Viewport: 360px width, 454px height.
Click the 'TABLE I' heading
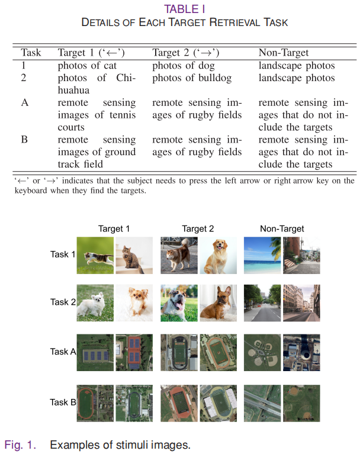point(185,9)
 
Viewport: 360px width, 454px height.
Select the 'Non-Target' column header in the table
point(284,53)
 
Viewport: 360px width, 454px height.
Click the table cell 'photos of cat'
point(87,66)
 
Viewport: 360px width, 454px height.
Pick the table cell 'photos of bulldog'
point(192,78)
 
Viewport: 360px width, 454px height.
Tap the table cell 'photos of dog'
point(184,66)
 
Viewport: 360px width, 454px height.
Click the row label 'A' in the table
point(25,103)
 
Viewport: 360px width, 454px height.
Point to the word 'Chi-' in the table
point(126,78)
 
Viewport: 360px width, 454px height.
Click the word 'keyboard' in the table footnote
point(31,191)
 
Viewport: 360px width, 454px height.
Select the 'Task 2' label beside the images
point(63,302)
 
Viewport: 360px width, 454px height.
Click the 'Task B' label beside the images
point(63,402)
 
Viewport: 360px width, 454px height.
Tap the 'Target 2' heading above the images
point(198,228)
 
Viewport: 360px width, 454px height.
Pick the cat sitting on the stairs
point(131,259)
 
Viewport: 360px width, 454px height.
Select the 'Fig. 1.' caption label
point(20,445)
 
